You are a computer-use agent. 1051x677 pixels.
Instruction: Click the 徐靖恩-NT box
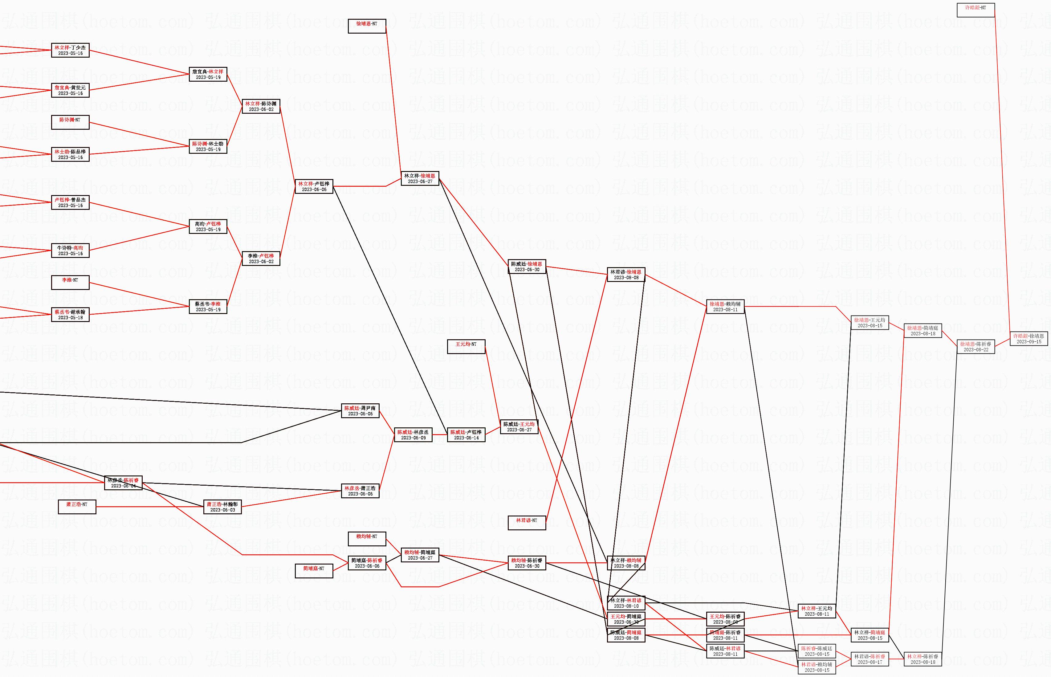point(367,26)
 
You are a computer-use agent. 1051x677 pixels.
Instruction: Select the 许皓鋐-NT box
point(976,10)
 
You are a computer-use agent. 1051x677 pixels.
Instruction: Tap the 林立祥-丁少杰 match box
point(70,50)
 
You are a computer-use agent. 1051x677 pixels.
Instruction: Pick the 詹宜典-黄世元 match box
point(70,90)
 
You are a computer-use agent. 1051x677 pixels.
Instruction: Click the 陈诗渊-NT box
point(70,122)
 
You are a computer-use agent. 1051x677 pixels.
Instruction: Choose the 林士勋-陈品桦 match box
point(70,154)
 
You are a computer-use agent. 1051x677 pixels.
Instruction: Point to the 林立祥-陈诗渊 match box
point(261,106)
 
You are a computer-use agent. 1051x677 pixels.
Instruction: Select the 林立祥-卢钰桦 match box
point(314,186)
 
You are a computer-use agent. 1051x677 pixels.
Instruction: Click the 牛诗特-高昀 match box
point(70,251)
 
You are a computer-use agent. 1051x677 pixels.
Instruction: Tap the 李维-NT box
point(70,282)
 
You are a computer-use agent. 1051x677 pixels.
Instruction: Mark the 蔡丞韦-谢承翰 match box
point(70,314)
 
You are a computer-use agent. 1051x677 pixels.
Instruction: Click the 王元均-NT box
point(466,346)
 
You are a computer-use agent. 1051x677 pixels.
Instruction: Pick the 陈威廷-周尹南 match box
point(360,410)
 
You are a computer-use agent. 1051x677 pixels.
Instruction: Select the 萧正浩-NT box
point(77,506)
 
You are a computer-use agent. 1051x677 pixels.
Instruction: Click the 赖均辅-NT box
point(367,539)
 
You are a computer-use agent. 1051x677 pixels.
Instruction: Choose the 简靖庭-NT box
point(314,571)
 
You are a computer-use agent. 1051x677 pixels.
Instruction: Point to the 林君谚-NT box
point(527,523)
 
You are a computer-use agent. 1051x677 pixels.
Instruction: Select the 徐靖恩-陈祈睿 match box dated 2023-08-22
point(976,346)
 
